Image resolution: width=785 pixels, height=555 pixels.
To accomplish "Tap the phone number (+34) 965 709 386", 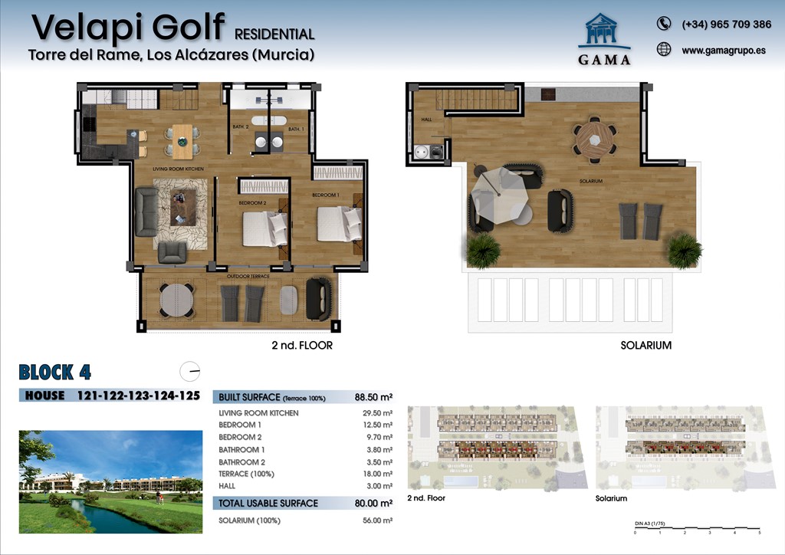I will point(726,25).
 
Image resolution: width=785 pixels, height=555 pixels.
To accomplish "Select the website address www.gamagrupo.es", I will point(723,51).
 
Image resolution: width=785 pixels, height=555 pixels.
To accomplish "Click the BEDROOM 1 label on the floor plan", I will point(326,195).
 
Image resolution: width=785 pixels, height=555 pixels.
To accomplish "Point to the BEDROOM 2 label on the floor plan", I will point(252,203).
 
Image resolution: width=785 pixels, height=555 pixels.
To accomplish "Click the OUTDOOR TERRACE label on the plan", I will point(248,276).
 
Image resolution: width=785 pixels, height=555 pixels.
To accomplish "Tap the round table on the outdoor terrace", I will point(177,300).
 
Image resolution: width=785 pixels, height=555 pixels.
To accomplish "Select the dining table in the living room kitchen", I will point(182,140).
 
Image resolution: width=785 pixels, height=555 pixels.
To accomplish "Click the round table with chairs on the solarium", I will point(595,140).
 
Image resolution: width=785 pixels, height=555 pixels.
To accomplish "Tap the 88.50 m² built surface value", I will point(374,397).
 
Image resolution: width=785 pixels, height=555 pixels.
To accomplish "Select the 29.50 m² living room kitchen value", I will point(376,413).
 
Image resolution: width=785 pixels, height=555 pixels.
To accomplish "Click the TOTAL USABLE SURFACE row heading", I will point(268,503).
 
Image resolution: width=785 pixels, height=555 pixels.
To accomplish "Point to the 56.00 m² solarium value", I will point(376,521).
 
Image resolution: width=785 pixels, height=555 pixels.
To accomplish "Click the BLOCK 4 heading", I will point(55,373).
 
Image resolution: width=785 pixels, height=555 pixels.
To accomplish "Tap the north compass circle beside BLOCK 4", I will point(189,371).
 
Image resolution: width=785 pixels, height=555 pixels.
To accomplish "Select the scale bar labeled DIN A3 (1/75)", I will point(697,528).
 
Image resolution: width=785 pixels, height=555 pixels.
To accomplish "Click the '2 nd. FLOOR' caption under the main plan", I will point(302,346).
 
